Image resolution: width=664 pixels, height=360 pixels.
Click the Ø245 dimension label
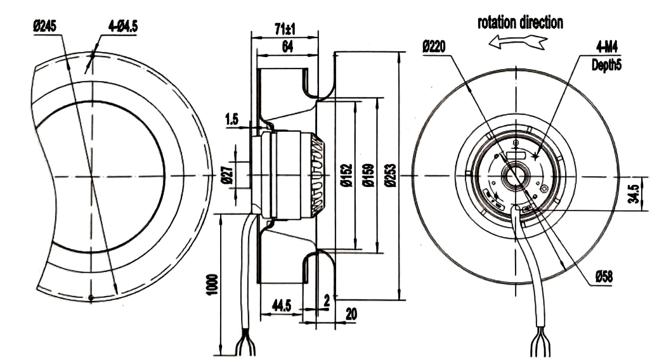[x=45, y=27]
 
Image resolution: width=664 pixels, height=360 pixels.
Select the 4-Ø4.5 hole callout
[x=123, y=27]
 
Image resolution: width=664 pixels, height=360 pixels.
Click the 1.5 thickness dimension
[x=231, y=119]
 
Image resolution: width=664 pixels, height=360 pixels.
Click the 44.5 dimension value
[x=281, y=306]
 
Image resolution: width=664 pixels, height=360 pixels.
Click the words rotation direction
[x=520, y=23]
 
